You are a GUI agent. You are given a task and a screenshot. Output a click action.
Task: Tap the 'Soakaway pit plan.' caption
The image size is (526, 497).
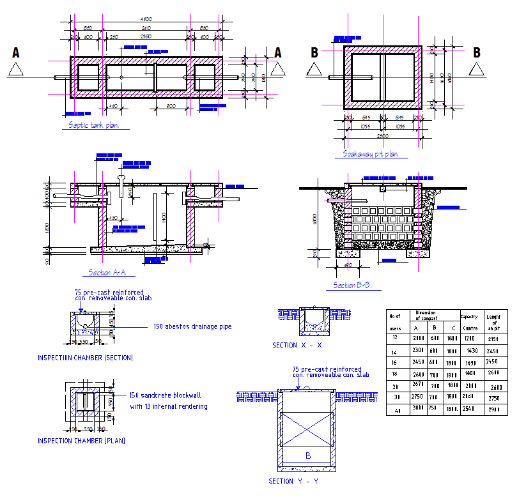(371, 154)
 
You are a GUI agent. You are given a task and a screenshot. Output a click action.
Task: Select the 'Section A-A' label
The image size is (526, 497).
(107, 273)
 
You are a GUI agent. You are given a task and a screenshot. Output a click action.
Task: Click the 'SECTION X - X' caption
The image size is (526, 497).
(297, 345)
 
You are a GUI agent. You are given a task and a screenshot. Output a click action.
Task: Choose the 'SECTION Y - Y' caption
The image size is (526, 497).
(293, 481)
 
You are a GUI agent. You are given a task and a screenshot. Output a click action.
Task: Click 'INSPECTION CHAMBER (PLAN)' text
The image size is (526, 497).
(81, 441)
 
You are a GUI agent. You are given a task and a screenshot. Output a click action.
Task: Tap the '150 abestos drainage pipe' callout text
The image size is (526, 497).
(192, 326)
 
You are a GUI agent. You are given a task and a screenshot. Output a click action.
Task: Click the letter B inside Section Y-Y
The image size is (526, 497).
(307, 455)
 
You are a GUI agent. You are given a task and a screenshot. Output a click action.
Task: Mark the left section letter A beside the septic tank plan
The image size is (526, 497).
(16, 53)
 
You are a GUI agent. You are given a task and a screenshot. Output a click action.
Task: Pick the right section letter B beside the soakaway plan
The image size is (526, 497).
(477, 53)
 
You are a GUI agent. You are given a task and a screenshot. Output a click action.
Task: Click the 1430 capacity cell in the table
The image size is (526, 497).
(472, 351)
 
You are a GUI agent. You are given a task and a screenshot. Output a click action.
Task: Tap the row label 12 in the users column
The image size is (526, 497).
(395, 337)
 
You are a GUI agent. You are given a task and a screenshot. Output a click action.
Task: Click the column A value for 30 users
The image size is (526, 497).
(419, 397)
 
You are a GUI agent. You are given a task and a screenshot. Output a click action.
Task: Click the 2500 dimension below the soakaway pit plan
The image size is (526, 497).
(382, 136)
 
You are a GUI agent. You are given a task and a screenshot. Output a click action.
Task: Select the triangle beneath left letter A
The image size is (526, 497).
(16, 70)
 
